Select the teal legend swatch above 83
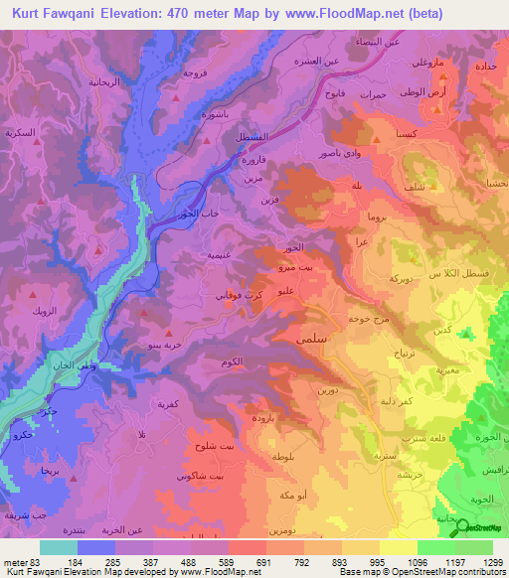pyautogui.click(x=59, y=547)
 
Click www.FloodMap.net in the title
pyautogui.click(x=342, y=13)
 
